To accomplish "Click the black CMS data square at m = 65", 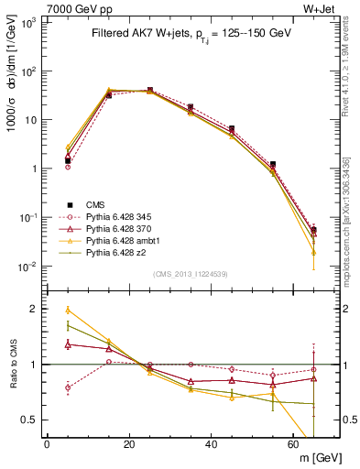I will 314,230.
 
